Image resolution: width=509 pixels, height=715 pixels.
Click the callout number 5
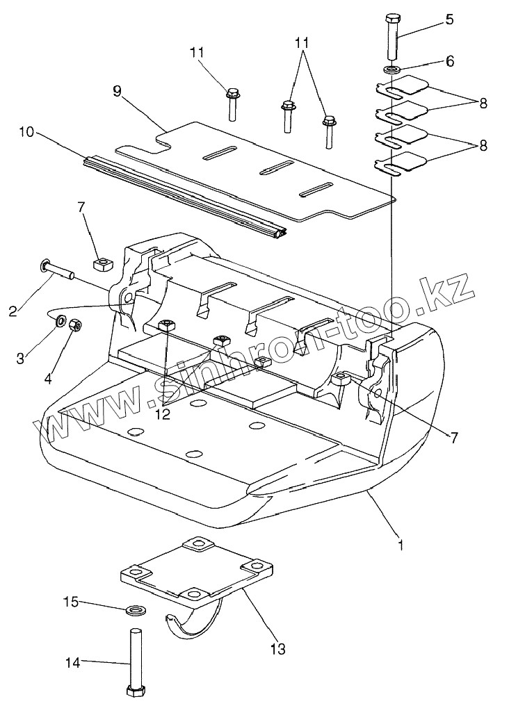click(450, 20)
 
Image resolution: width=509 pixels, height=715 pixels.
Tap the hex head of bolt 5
click(393, 19)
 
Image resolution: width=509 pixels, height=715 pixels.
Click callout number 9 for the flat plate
click(118, 91)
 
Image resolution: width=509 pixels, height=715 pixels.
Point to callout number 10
click(27, 133)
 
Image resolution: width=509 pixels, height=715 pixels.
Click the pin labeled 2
click(58, 270)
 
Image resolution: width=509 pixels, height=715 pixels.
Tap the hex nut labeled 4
click(75, 325)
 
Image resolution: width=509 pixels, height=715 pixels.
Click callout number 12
click(163, 414)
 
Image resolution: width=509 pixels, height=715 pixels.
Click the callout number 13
click(277, 648)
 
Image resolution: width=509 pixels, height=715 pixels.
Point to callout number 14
click(72, 662)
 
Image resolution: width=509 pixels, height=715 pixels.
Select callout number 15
click(71, 602)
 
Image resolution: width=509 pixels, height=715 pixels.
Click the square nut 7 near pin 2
click(103, 263)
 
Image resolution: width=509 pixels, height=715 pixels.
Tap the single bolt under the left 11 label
click(232, 104)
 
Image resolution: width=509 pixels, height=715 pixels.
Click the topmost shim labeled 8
click(402, 85)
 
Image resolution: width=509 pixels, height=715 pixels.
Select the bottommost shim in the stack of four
click(401, 164)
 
